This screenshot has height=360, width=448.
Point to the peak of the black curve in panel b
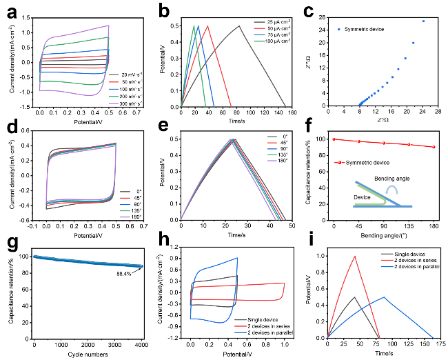pyautogui.click(x=239, y=26)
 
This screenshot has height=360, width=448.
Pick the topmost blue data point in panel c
pyautogui.click(x=423, y=21)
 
